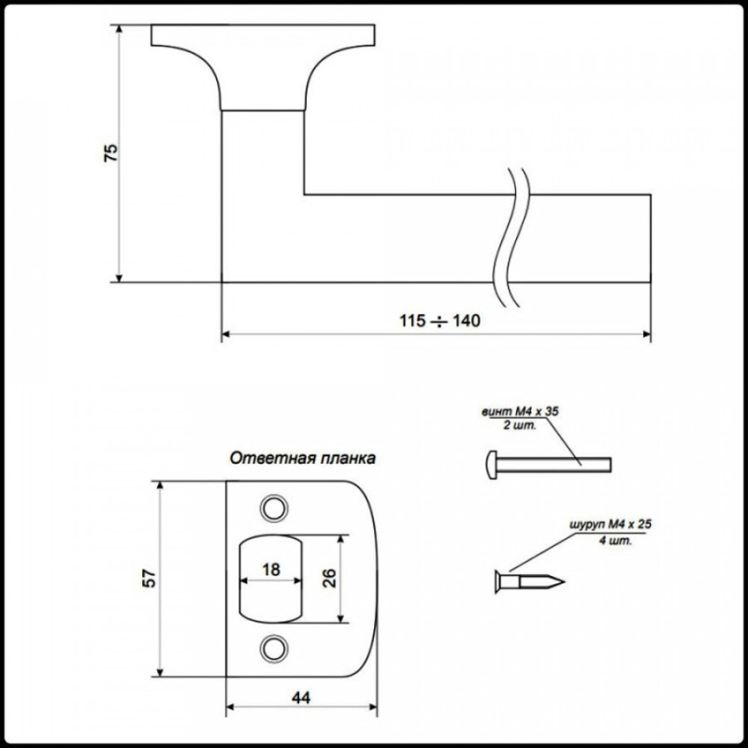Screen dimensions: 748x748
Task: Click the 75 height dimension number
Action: coord(110,152)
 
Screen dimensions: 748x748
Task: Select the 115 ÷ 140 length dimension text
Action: coord(439,321)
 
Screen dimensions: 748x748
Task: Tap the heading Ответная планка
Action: coord(303,459)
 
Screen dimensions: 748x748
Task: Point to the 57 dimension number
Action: coord(148,579)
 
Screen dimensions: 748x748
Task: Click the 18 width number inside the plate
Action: coord(271,569)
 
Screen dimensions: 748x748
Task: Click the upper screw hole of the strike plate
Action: coord(274,507)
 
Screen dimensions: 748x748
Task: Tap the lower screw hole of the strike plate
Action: coord(274,646)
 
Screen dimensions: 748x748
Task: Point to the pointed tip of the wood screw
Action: coord(561,582)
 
